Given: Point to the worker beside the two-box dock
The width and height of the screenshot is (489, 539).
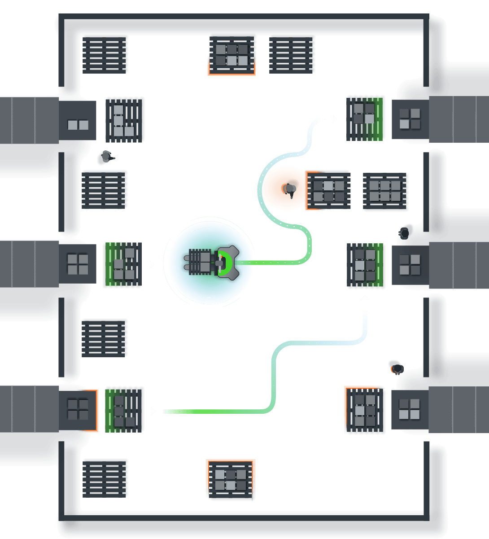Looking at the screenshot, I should pos(106,157).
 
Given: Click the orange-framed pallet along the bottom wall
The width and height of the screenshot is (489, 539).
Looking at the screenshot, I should pos(231,479).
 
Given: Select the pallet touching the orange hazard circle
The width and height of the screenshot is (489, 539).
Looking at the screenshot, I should pos(328,191).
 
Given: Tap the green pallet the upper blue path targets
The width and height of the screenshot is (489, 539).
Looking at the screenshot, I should pos(364,118).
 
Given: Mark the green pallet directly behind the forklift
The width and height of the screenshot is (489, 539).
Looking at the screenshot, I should pos(122,265).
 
